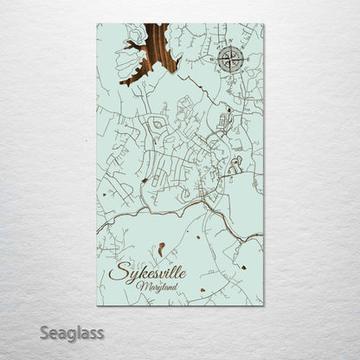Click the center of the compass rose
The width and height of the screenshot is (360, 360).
(230, 59)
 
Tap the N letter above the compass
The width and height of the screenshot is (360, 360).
(230, 45)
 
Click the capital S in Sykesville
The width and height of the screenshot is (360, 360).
(119, 273)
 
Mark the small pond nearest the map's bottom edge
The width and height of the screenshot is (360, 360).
(202, 290)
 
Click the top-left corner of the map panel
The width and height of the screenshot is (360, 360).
(97, 24)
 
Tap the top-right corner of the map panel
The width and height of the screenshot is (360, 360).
(264, 24)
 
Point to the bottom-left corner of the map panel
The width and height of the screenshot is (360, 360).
(97, 305)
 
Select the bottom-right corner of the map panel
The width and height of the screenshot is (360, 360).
(264, 305)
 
